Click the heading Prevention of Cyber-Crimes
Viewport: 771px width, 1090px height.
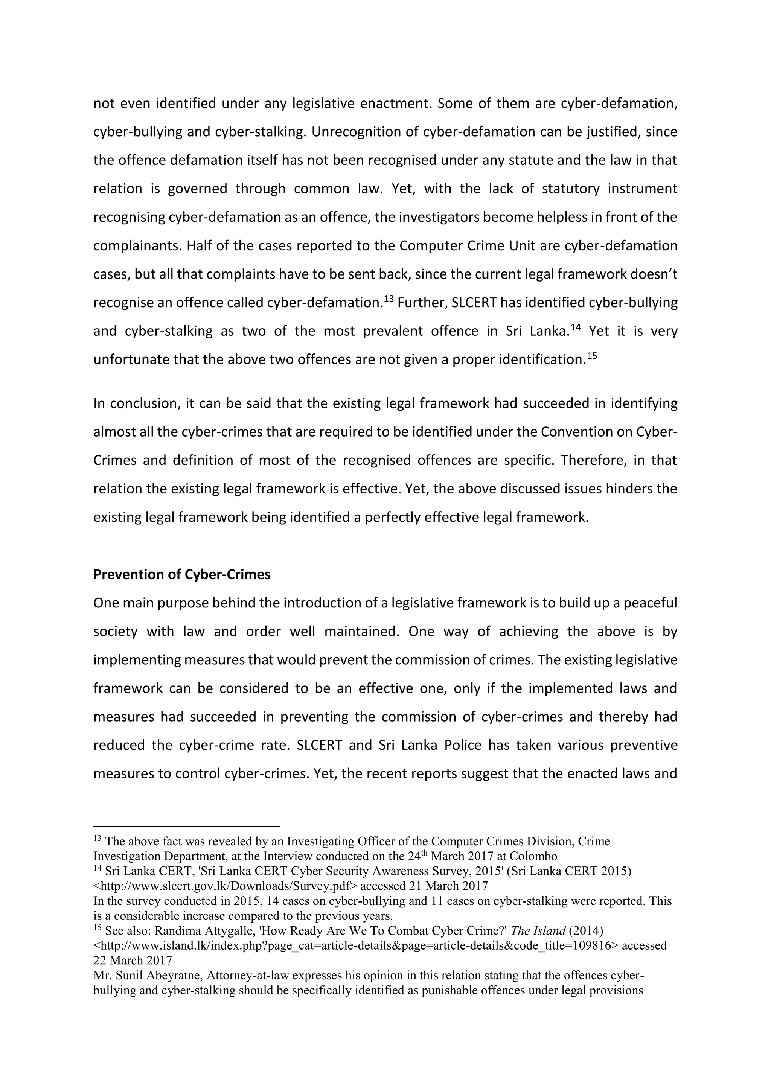[182, 574]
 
